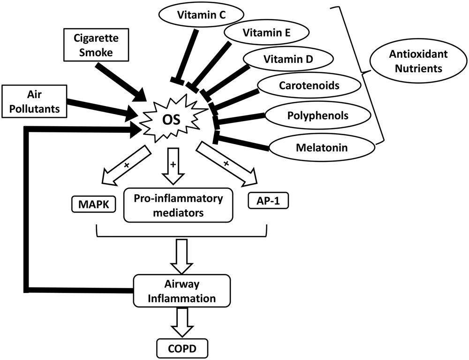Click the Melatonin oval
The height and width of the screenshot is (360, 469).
pos(315,148)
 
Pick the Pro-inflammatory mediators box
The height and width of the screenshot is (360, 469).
pos(178,205)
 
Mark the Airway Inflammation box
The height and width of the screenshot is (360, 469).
pos(182,291)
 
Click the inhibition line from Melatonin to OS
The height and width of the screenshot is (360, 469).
pos(244,142)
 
